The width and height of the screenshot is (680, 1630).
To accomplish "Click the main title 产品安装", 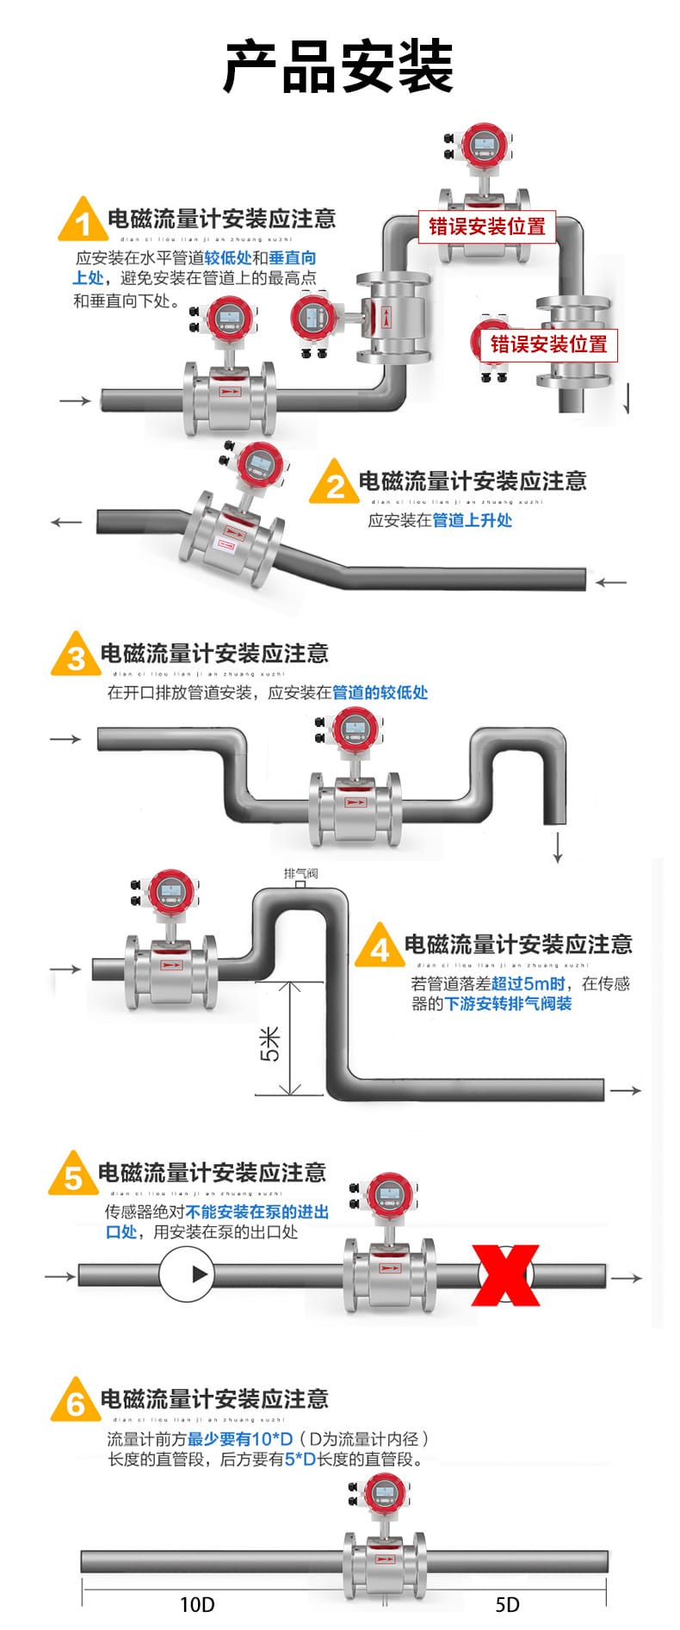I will (x=338, y=67).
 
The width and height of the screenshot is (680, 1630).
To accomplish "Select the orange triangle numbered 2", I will (x=335, y=485).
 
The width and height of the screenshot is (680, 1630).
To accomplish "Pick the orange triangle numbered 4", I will (x=380, y=948).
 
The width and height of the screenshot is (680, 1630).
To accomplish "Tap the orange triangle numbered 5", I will (x=73, y=1175).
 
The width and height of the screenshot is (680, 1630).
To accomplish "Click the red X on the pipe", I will (x=505, y=1274).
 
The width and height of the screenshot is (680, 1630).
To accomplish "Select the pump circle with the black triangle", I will (x=186, y=1274).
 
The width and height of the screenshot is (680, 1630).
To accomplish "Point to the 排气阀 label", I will (x=300, y=873).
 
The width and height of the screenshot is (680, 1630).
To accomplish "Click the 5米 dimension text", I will (x=270, y=1043).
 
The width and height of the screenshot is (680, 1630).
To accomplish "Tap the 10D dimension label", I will (x=197, y=1604).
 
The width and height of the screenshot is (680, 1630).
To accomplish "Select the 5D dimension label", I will (x=507, y=1604).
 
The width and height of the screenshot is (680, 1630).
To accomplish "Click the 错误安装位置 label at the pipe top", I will (x=487, y=226).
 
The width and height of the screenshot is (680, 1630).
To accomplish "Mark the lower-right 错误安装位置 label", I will (x=548, y=344).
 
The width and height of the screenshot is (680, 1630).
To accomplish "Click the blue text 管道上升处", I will (x=472, y=520).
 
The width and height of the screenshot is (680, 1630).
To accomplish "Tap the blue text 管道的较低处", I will (x=380, y=692).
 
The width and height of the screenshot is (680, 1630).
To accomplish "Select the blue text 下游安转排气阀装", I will (x=508, y=1003).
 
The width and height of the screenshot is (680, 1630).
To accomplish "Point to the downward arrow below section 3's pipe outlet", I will (x=558, y=846).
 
